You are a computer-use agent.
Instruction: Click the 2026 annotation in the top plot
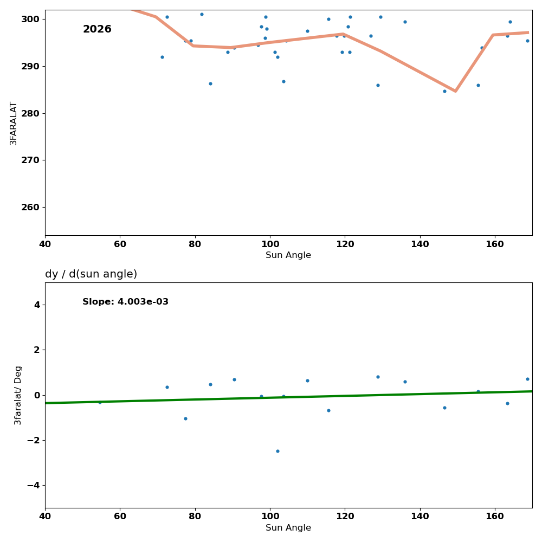pos(97,30)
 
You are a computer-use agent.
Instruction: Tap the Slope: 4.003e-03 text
pos(125,302)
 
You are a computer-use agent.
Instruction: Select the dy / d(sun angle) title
pos(91,274)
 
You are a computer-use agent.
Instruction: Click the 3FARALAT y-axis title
pos(14,123)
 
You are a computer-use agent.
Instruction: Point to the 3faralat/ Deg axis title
pos(18,395)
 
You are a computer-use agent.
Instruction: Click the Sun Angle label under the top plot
pos(288,255)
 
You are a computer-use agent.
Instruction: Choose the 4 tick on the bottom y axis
pos(37,305)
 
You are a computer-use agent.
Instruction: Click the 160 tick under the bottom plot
pos(495,517)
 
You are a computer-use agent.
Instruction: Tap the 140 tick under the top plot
pos(420,244)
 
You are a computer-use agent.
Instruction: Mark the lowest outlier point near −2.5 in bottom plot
pos(278,451)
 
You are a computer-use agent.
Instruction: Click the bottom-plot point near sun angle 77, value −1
pos(185,418)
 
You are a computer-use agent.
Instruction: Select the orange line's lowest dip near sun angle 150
pos(455,91)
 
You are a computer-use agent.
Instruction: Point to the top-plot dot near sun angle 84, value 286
pos(210,83)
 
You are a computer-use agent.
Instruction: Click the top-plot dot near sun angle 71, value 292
pos(162,57)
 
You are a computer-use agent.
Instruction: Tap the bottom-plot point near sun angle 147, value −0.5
pos(444,408)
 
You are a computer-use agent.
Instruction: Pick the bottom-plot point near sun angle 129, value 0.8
pos(378,377)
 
